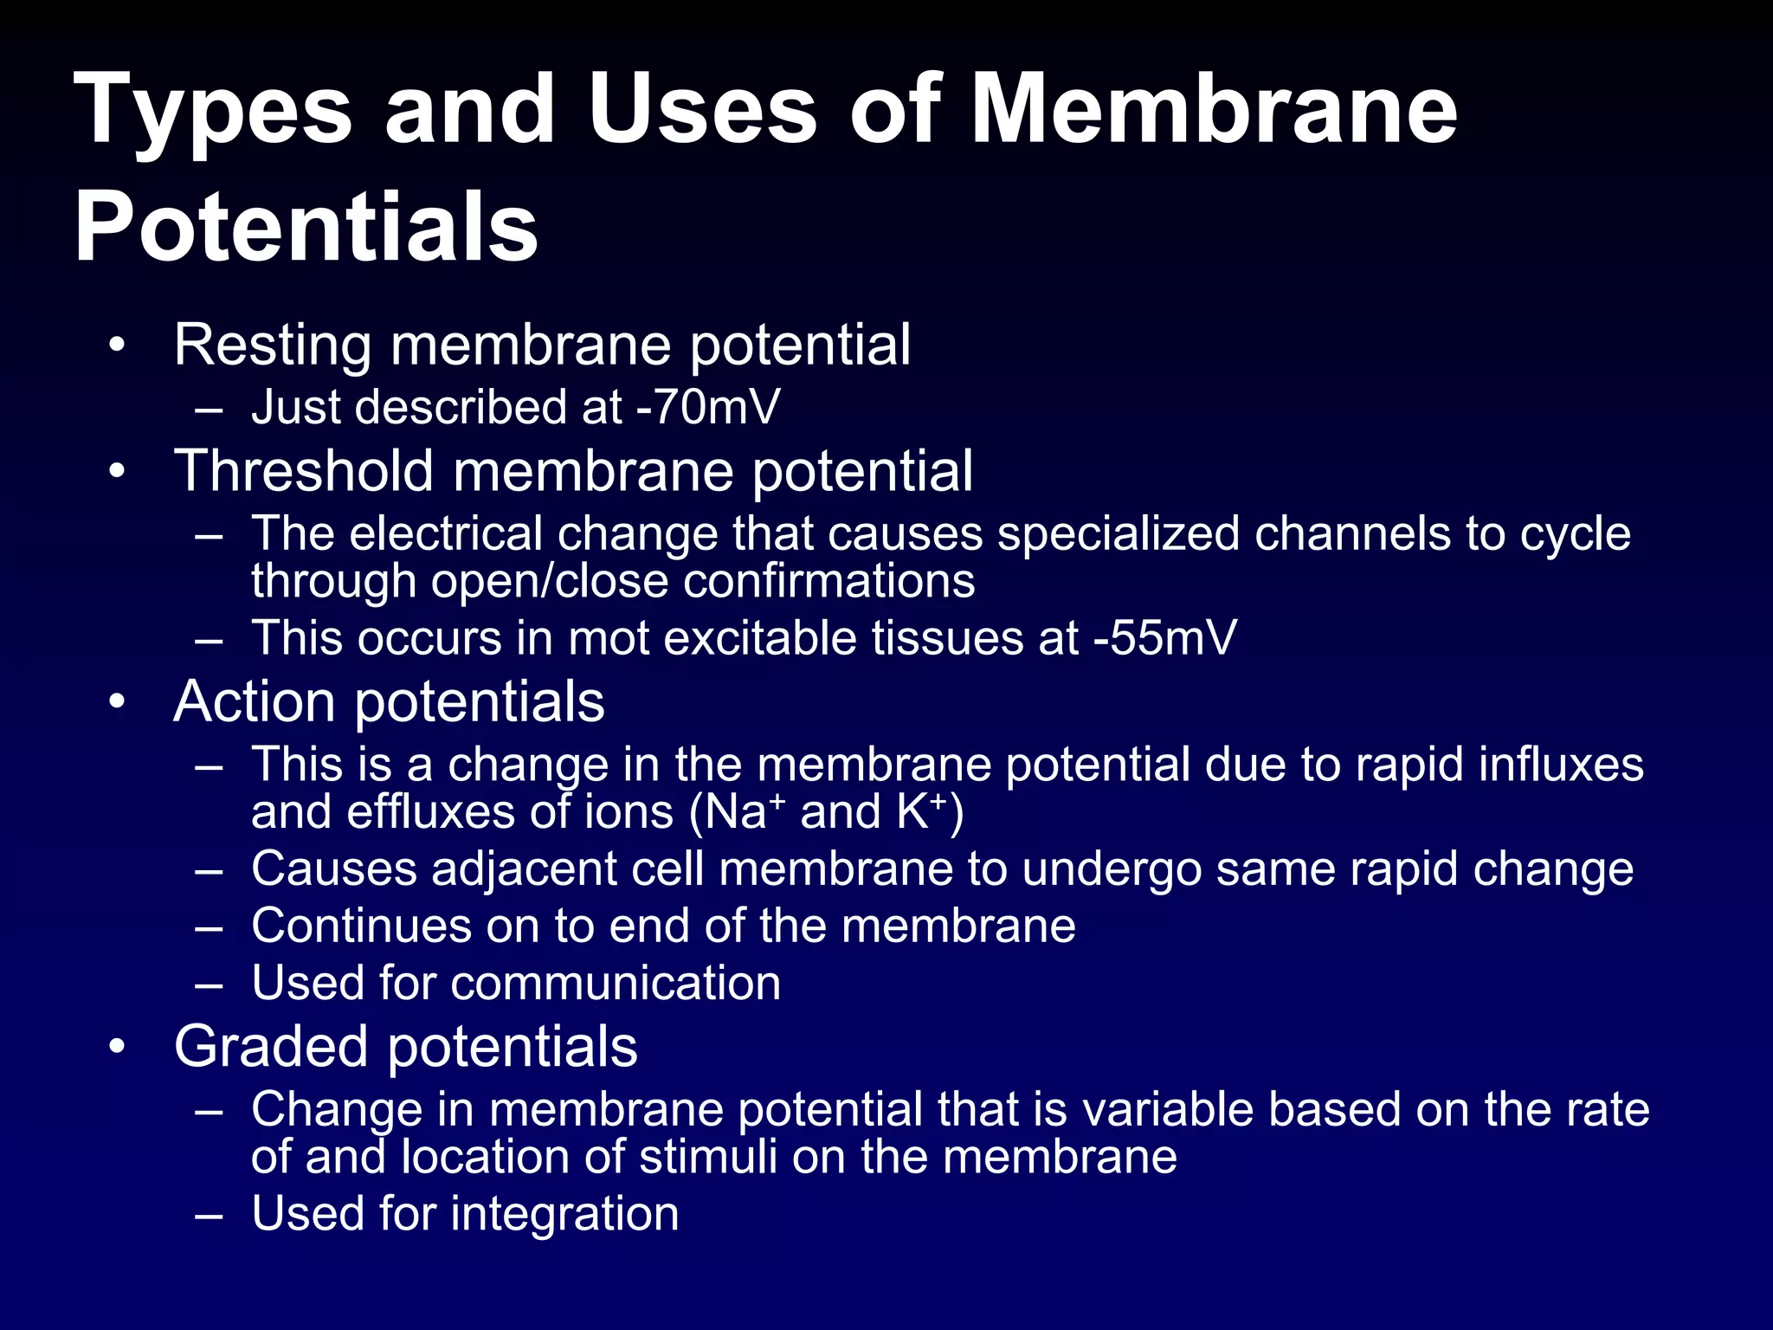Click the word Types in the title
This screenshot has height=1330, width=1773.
click(213, 111)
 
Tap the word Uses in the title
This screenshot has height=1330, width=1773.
click(702, 109)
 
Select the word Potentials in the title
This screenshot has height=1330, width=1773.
click(306, 227)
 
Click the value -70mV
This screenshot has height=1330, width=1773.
click(708, 407)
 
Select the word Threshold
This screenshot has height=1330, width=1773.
click(304, 471)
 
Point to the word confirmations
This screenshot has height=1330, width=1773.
click(828, 581)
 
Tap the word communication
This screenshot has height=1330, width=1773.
click(616, 983)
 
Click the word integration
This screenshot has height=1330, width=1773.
click(564, 1213)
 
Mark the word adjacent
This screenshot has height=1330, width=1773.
click(524, 869)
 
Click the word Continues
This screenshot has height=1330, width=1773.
click(361, 926)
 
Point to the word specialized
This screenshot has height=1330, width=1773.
click(1119, 533)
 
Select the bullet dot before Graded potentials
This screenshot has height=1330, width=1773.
click(118, 1046)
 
